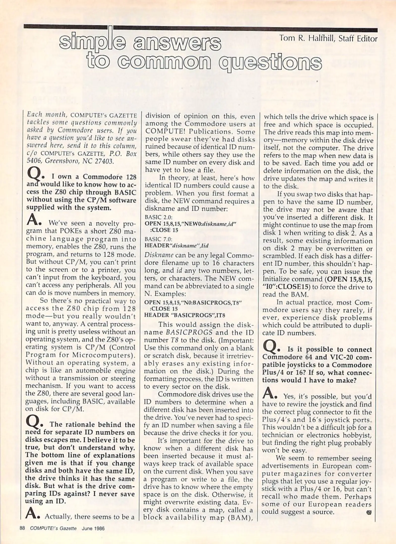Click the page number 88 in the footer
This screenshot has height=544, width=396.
[x=22, y=528]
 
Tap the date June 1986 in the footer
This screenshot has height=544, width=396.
[x=93, y=528]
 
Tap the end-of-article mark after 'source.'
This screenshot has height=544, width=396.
[x=369, y=512]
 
